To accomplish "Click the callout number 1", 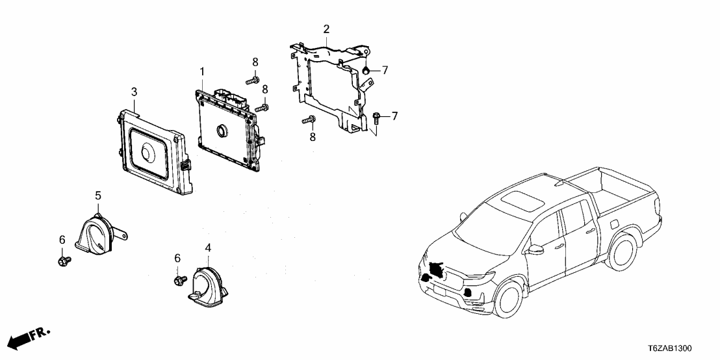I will [x=202, y=71].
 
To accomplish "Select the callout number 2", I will [x=326, y=29].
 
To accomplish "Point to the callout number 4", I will [x=208, y=248].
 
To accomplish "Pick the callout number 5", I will [x=98, y=195].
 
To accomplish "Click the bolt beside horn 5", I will [x=63, y=261].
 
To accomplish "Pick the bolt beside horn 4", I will [x=177, y=280].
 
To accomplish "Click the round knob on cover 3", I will [x=148, y=152].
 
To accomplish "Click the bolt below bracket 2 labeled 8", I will [x=309, y=120].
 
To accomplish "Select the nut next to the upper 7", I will [x=366, y=70].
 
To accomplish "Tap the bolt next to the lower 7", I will [x=378, y=116].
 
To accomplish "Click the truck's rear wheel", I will [x=622, y=250].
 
